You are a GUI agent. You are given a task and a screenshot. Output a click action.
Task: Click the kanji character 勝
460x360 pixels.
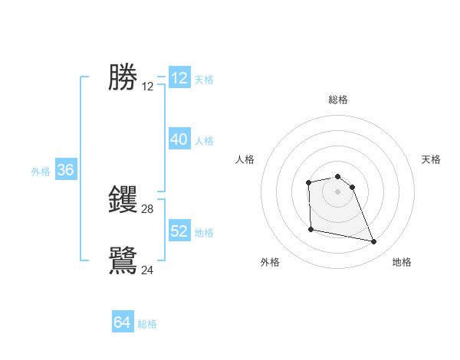123,77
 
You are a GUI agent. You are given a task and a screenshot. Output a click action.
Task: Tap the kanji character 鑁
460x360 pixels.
123,199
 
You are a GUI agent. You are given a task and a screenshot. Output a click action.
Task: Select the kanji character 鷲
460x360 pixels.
123,260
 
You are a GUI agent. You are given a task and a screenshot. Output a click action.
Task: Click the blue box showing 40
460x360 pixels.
179,139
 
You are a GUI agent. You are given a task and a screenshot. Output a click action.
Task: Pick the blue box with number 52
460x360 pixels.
179,231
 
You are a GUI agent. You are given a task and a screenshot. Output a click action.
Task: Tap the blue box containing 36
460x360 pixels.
65,170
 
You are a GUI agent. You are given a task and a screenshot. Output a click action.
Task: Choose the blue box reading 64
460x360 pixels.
122,322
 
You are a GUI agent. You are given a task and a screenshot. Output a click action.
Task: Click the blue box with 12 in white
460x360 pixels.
179,78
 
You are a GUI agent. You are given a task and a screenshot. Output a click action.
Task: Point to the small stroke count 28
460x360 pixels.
148,208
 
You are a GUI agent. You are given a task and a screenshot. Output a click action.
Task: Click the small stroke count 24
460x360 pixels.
148,270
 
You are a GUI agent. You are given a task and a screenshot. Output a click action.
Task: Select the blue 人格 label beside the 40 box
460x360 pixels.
204,141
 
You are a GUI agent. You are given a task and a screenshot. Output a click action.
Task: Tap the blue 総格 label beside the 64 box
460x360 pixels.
147,324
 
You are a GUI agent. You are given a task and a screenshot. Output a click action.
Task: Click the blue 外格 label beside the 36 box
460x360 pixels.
41,172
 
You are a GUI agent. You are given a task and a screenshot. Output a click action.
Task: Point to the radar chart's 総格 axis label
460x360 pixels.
338,100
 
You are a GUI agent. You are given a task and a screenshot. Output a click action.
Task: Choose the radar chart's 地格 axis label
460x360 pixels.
402,262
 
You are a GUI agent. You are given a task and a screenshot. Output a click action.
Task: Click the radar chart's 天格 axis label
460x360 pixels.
431,159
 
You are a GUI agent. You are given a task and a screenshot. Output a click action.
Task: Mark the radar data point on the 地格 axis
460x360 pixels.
374,242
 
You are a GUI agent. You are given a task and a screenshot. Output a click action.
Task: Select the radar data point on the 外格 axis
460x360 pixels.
310,229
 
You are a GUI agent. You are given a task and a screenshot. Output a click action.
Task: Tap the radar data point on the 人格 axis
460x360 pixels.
308,182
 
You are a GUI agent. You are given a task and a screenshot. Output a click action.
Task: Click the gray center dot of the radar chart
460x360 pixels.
337,191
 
